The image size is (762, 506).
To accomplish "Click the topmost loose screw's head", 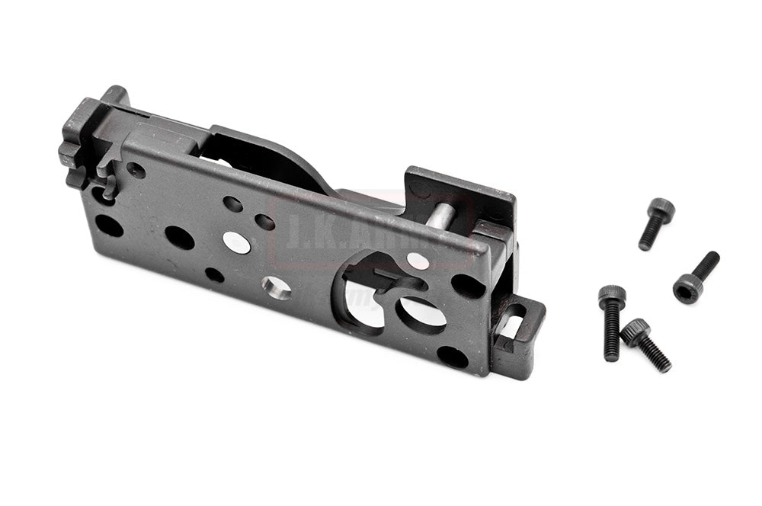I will click(x=661, y=208).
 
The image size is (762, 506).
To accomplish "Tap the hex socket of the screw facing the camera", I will click(x=687, y=289).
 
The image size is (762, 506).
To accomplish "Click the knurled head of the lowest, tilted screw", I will click(x=635, y=331).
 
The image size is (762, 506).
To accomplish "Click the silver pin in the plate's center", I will click(x=236, y=242).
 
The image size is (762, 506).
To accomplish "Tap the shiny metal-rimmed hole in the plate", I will click(x=276, y=288).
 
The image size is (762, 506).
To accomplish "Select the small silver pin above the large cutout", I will click(x=418, y=261).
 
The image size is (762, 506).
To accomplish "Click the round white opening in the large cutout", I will click(x=422, y=312).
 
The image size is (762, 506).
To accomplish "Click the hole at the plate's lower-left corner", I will click(x=109, y=226).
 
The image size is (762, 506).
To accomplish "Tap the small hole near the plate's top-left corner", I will click(x=136, y=170).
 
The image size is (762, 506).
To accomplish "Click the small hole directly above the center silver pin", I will click(x=232, y=203).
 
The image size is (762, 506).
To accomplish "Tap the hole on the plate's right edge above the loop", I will click(x=468, y=286).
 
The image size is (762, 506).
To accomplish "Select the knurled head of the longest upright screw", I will click(x=612, y=296).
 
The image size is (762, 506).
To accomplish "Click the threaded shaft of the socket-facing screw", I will click(x=706, y=265).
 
